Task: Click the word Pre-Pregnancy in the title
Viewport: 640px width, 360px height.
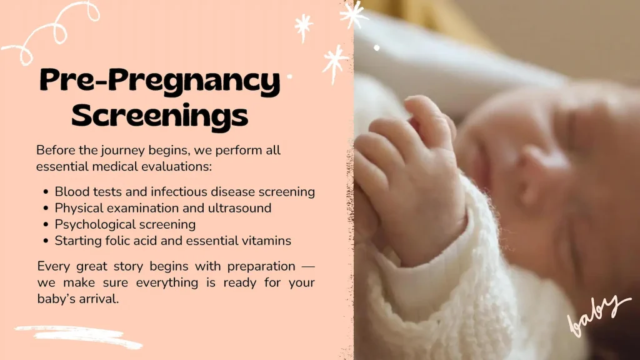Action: coord(159,82)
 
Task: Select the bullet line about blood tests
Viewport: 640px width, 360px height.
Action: coord(184,191)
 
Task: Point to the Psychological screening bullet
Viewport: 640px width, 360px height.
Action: coord(125,224)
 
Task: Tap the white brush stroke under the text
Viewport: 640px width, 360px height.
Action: coord(78,336)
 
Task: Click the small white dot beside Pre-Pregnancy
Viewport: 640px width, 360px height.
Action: coord(289,77)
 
